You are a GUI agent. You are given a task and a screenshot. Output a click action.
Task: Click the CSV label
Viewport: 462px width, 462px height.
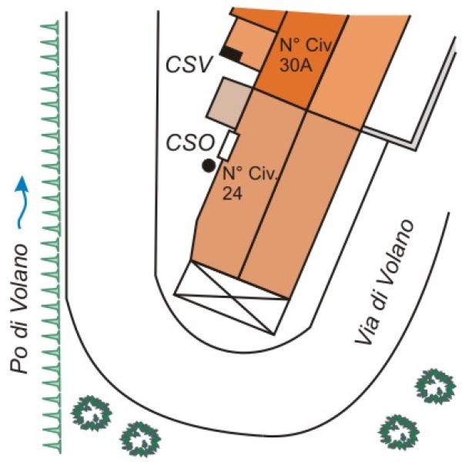click(189, 65)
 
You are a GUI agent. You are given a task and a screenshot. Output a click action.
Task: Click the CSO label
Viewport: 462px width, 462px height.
click(191, 143)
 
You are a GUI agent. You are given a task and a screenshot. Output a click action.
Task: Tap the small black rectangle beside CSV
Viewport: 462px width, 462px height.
click(231, 54)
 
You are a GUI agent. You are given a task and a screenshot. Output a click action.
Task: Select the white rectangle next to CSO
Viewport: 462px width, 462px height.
click(229, 146)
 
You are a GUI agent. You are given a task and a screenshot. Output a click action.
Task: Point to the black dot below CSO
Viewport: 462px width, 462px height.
click(209, 166)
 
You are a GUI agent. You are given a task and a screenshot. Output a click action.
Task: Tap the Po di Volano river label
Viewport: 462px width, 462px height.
click(19, 309)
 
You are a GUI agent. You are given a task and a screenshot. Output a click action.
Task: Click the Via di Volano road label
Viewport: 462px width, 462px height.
click(383, 282)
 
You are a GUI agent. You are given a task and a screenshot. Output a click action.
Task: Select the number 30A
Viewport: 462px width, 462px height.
click(296, 65)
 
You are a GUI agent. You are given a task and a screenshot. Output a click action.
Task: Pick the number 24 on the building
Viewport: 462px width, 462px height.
click(233, 193)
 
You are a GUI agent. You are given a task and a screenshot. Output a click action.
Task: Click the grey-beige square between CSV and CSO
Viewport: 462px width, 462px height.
click(229, 103)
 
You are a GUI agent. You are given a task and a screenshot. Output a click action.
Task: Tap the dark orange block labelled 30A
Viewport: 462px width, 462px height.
click(301, 60)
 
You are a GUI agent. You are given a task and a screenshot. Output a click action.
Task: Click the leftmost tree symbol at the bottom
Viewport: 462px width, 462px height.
click(92, 413)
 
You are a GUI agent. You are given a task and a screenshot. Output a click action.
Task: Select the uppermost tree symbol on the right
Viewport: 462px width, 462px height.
click(435, 387)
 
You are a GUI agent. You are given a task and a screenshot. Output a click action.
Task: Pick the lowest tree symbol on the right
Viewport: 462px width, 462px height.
click(399, 433)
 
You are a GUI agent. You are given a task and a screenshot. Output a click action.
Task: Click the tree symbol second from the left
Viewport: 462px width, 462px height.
click(140, 440)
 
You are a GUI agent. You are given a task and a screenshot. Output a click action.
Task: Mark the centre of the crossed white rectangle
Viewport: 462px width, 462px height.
click(232, 298)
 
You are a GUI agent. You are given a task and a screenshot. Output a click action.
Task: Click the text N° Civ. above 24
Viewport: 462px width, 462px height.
click(250, 174)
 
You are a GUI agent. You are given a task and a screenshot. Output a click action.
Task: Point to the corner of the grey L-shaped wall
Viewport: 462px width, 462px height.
click(414, 147)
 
